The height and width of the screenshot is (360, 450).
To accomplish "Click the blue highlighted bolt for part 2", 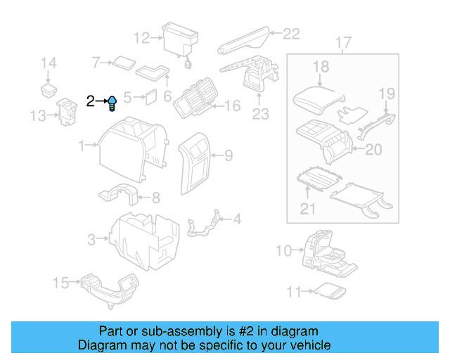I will pos(112,104).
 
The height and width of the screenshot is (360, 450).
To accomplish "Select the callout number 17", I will pos(342,44).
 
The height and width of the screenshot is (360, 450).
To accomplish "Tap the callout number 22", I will pos(290,32).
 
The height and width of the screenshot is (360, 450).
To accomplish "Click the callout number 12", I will pos(141,37).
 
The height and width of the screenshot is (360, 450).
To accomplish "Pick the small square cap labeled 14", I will pos(48,89).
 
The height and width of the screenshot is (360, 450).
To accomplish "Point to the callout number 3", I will pos(91,240).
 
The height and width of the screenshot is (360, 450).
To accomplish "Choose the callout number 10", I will pos(283,250).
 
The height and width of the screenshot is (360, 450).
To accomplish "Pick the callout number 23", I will pos(260,114).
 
